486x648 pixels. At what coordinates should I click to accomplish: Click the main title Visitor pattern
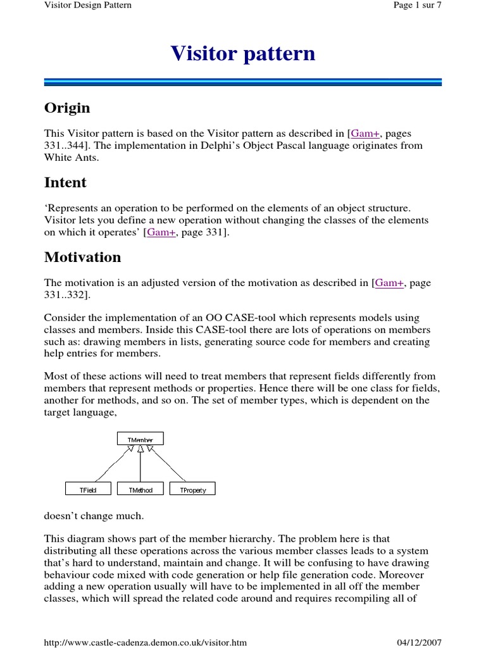[242, 54]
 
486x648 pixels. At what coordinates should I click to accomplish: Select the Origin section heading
[67, 108]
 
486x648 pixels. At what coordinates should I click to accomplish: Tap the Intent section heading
[65, 183]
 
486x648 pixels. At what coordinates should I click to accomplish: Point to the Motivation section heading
[82, 258]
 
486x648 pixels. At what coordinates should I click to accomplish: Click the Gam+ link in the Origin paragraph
[366, 134]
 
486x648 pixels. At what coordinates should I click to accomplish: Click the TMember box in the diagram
[140, 439]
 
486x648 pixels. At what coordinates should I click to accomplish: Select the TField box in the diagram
[89, 489]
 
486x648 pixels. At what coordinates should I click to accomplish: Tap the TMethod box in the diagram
[140, 489]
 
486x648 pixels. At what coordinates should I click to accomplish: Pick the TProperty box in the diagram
[192, 489]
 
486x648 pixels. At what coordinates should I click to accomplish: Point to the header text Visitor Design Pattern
[88, 6]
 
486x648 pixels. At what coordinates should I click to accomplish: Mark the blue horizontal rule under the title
[242, 82]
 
